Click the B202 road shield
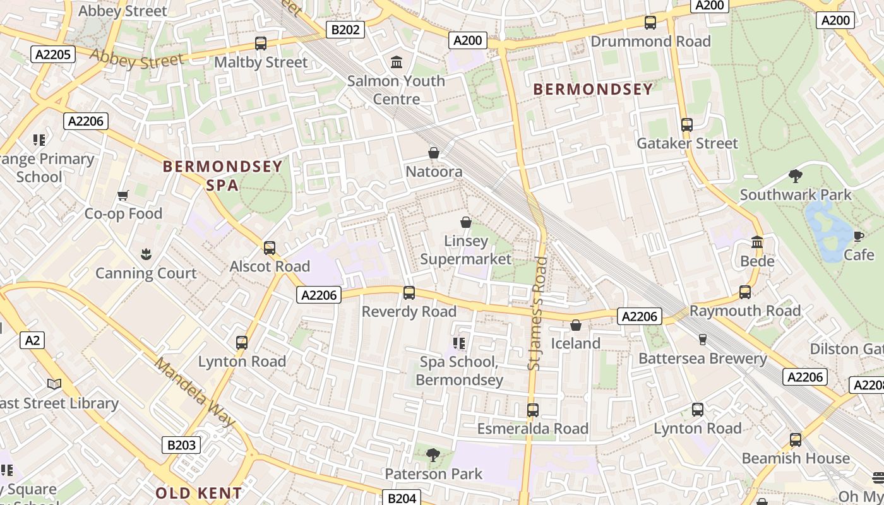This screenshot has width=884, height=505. pos(345,30)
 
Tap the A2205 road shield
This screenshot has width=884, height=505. pos(53,54)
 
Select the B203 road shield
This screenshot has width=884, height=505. pos(181,445)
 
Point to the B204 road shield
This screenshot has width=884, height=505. pos(402,498)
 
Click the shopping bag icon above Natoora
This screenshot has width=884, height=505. pos(434,153)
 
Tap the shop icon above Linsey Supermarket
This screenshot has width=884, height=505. pos(466,222)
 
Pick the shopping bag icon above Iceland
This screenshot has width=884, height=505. pos(575,325)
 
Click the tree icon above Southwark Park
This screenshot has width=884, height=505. pos(796,176)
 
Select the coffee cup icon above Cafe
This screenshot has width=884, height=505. pos(858,236)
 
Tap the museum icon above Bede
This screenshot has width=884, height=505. pos(757,242)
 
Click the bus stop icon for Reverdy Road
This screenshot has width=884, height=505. pos(409,293)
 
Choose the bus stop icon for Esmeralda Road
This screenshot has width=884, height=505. pos(532,410)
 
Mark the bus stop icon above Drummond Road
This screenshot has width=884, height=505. pos(650,23)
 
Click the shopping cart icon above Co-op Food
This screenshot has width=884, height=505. pos(123,195)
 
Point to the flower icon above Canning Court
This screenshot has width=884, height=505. pos(146,254)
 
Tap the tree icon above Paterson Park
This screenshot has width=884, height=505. pos(433,454)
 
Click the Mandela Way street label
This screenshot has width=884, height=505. pos(195,392)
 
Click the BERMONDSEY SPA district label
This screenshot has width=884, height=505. pos(222,175)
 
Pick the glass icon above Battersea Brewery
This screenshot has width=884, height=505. pos(702,340)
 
